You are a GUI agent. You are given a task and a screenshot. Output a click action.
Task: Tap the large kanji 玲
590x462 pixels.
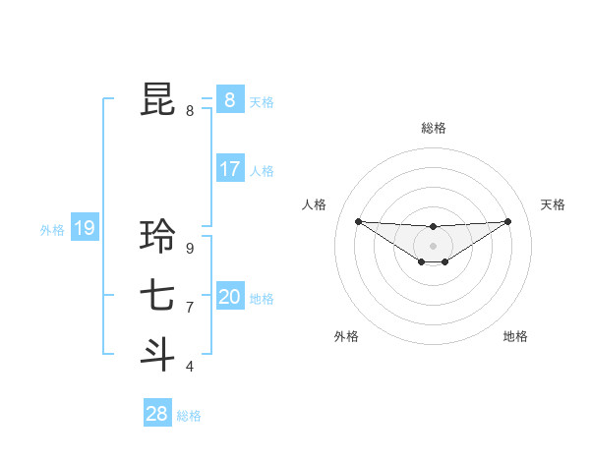(x=158, y=236)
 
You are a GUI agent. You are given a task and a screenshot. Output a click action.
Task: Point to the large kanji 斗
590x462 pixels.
(x=158, y=355)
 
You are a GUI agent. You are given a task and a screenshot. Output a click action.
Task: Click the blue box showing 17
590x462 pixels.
(x=229, y=169)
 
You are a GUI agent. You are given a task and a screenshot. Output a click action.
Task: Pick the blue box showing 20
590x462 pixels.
(x=229, y=297)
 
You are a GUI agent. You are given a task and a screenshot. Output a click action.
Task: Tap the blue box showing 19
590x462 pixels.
(x=84, y=229)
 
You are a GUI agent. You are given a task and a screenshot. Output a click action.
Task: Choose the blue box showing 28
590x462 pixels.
(x=156, y=414)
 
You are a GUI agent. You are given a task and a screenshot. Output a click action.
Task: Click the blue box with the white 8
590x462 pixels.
(x=229, y=100)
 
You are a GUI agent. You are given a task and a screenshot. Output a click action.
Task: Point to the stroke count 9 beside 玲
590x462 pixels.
(x=190, y=249)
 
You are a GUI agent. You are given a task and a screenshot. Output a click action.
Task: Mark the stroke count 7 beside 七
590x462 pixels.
(x=190, y=308)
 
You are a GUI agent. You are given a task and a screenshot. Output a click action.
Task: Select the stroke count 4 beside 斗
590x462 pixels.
(x=190, y=367)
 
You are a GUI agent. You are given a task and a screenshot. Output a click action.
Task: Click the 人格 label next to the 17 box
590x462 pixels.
(x=262, y=171)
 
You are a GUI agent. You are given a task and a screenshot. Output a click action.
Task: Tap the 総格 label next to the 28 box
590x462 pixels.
(x=189, y=416)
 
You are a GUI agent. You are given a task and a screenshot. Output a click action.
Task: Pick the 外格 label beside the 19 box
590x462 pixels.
(x=52, y=231)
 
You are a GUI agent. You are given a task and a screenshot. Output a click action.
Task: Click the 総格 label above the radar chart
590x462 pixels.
(x=434, y=128)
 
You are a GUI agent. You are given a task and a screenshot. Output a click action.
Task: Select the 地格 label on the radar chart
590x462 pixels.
(x=515, y=336)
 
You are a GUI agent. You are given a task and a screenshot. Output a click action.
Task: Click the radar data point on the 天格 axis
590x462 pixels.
(x=508, y=221)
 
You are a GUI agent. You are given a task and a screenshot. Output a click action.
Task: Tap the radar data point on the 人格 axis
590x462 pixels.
(x=358, y=221)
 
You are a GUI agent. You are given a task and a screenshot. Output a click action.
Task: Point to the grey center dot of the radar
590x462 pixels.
(x=434, y=245)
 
